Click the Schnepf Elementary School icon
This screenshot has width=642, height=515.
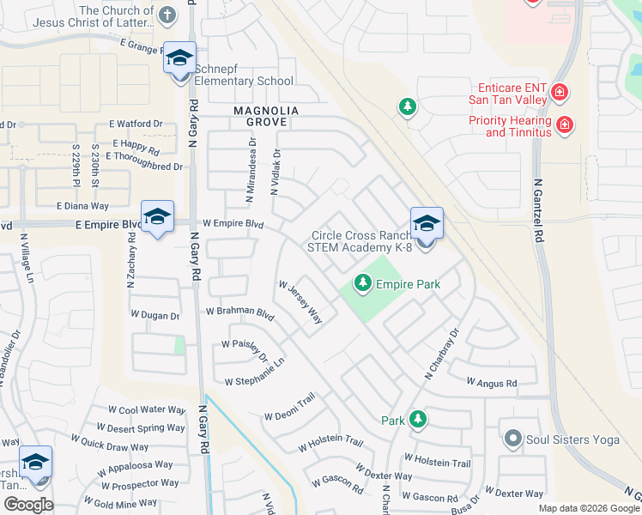179,58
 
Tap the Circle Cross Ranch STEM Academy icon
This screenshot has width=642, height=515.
427,224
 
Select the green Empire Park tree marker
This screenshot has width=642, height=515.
363,282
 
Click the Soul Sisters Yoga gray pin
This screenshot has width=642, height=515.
513,439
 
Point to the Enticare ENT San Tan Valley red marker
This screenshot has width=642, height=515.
560,91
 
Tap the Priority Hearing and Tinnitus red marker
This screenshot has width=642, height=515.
565,124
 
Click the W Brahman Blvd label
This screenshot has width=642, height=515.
239,313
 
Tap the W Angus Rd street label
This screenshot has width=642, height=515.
492,383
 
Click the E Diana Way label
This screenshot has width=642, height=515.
82,206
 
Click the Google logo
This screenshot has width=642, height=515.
29,504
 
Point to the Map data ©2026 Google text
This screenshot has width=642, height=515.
589,508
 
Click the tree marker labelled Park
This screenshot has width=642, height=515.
418,420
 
